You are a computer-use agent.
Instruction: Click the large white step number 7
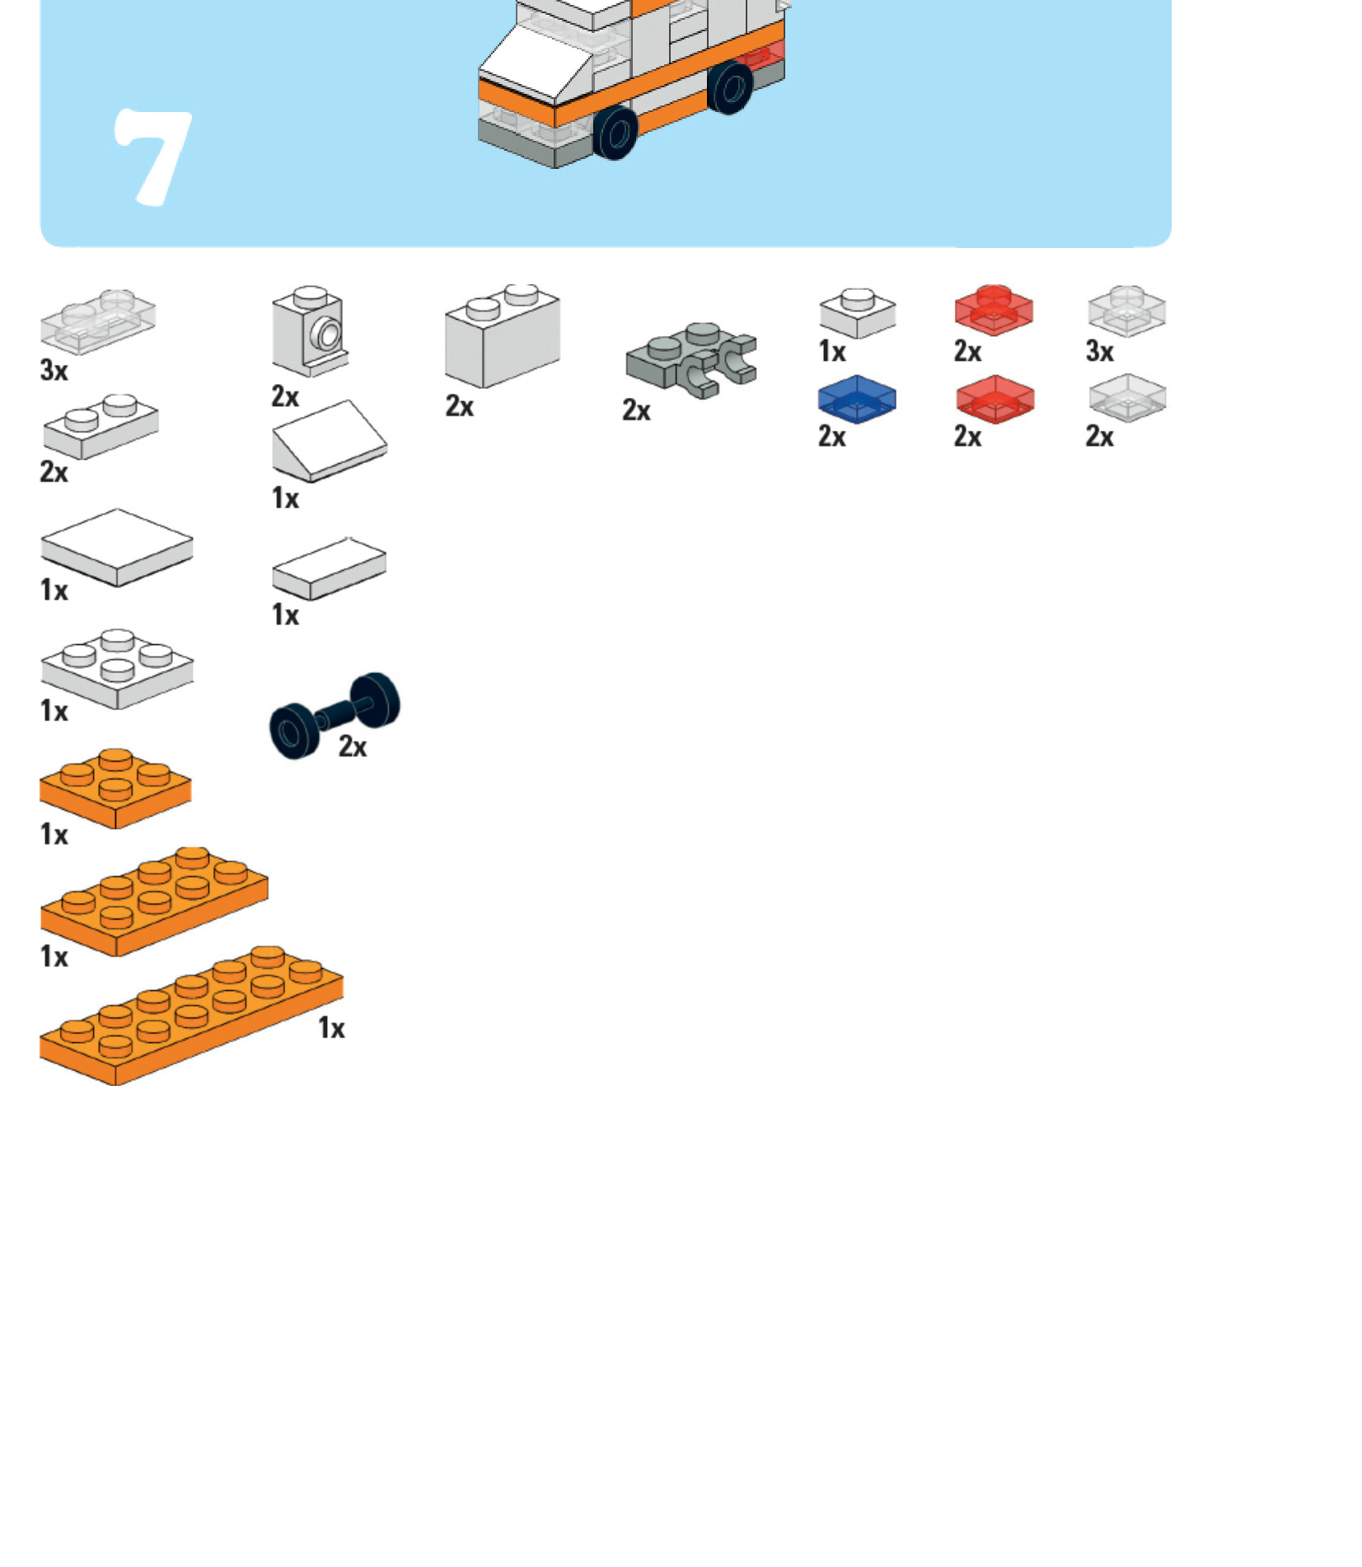(x=153, y=157)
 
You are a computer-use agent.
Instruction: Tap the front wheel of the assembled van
(x=615, y=132)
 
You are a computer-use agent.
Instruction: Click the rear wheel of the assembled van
(x=731, y=86)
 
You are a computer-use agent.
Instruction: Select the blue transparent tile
(x=857, y=400)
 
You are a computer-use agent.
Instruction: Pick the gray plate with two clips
(x=691, y=359)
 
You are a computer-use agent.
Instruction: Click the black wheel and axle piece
(x=335, y=714)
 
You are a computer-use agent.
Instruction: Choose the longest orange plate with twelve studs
(x=191, y=1015)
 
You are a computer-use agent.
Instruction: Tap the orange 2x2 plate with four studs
(x=115, y=788)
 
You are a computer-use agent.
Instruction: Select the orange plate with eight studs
(x=154, y=901)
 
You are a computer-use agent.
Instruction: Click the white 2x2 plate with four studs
(x=117, y=669)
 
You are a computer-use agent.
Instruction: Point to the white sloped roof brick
(x=330, y=441)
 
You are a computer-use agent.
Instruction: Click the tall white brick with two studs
(x=503, y=336)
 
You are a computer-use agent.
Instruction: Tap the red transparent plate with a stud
(x=994, y=310)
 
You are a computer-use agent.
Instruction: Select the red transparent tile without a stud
(x=995, y=400)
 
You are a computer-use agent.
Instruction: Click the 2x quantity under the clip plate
(x=636, y=410)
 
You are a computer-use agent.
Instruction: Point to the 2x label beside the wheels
(x=353, y=746)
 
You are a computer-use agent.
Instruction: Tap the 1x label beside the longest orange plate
(x=332, y=1028)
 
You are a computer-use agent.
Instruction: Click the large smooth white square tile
(x=117, y=547)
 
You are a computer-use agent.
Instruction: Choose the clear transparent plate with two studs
(x=98, y=321)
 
